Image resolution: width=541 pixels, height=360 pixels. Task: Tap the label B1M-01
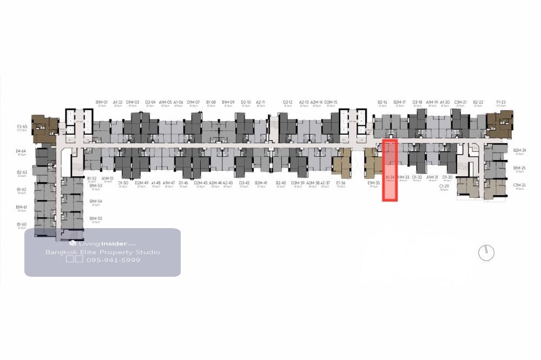102,102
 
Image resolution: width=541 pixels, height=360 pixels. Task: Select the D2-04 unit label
150,102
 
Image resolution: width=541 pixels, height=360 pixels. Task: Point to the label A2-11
261,102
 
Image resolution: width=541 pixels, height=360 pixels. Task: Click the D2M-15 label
331,102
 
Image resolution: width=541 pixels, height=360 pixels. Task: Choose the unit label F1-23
500,102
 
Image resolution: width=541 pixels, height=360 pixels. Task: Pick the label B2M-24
519,150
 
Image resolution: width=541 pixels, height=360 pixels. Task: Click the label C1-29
444,185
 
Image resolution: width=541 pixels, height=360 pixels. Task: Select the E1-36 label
341,183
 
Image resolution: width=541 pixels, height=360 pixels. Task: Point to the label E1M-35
373,183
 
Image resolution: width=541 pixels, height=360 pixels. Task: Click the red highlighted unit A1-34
390,170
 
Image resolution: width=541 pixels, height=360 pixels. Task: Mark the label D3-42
245,183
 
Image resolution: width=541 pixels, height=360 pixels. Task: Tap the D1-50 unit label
123,183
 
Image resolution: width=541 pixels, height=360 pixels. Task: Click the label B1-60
22,224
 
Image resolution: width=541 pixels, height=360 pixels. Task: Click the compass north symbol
486,252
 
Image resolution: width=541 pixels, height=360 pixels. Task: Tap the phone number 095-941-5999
113,260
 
